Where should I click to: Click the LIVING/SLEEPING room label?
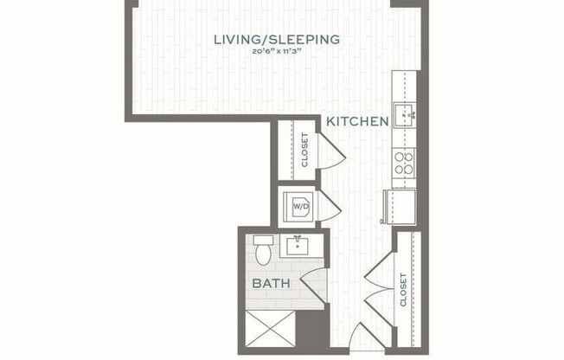coord(277,39)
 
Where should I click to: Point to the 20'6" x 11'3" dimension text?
coord(277,52)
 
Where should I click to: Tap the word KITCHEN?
coord(357,121)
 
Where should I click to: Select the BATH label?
coord(270,282)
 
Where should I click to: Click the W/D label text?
coord(300,207)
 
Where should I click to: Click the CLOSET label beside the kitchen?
coord(304,149)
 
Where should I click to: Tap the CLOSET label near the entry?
coord(404,289)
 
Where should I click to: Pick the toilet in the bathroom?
coord(264,251)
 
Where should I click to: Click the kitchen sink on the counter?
coord(405,113)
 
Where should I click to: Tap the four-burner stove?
coord(404,163)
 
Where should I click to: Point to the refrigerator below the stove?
coord(398,207)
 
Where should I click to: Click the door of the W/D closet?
coord(330,206)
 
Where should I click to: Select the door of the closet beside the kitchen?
coord(332,152)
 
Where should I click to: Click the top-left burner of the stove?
coord(400,157)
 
